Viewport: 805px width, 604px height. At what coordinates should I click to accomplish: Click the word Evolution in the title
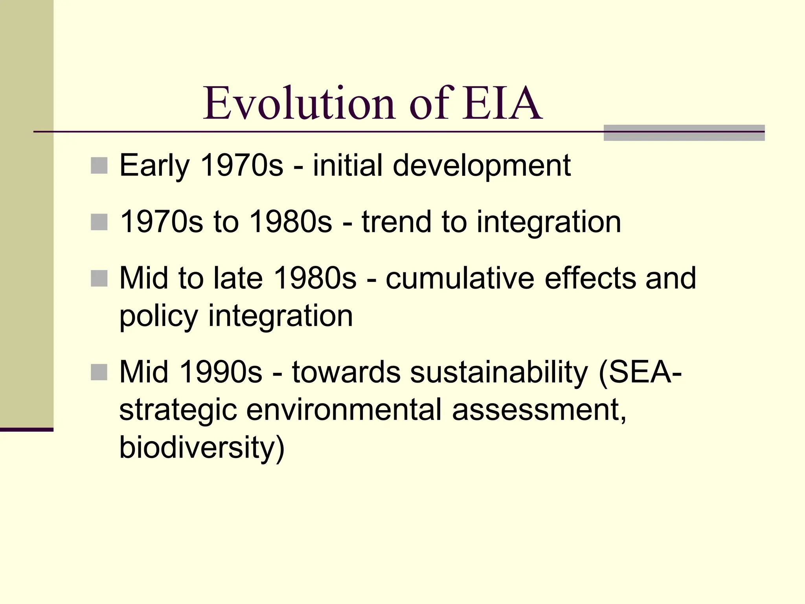coord(299,103)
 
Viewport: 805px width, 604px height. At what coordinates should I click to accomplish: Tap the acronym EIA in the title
coord(502,103)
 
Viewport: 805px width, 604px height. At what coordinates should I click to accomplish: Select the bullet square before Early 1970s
coord(99,166)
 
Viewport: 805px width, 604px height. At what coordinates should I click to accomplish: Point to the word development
coord(482,166)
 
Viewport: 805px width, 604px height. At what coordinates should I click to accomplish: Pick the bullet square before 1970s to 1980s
coord(99,222)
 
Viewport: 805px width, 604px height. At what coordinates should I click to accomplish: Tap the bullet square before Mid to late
coord(99,278)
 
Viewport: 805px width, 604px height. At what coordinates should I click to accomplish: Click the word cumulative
coord(460,278)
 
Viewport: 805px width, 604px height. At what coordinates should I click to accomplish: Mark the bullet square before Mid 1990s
coord(99,372)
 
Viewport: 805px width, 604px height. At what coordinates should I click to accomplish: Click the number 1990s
coord(220,372)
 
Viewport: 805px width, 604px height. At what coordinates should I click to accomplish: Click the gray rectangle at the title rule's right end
coord(684,133)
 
